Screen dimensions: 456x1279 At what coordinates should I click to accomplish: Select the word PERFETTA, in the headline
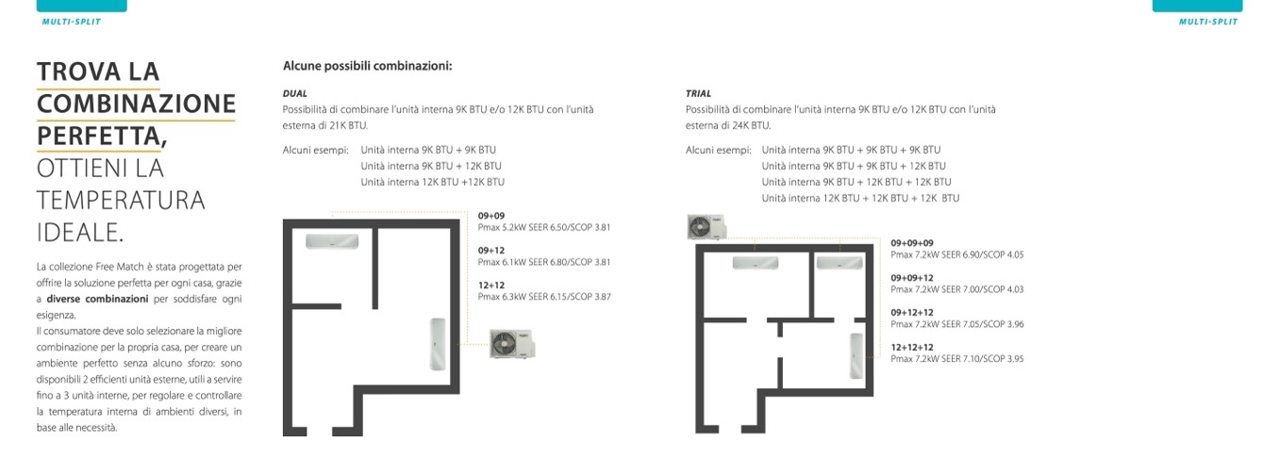102,135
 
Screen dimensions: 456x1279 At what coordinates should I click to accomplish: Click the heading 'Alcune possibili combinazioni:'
367,66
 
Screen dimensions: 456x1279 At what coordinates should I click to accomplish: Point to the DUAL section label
295,94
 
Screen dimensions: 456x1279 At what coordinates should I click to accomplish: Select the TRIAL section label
699,94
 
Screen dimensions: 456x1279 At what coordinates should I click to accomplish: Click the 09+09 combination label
491,216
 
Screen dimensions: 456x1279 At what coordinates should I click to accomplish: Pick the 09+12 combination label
491,251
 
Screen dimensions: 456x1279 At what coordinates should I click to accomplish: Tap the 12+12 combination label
491,285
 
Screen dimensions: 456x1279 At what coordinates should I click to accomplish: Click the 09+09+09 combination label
912,243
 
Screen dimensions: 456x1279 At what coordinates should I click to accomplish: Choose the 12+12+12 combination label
912,348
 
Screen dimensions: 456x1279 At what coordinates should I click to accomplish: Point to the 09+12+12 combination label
912,313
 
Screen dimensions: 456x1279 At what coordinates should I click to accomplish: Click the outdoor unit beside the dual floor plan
511,344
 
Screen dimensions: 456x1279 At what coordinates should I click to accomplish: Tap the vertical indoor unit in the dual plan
438,344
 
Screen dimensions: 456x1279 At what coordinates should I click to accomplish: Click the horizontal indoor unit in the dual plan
331,241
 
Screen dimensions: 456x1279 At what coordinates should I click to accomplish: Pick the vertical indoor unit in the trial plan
857,356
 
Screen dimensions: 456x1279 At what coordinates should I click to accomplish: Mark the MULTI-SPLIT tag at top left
72,21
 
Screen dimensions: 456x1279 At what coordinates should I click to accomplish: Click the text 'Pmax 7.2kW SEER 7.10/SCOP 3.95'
957,359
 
